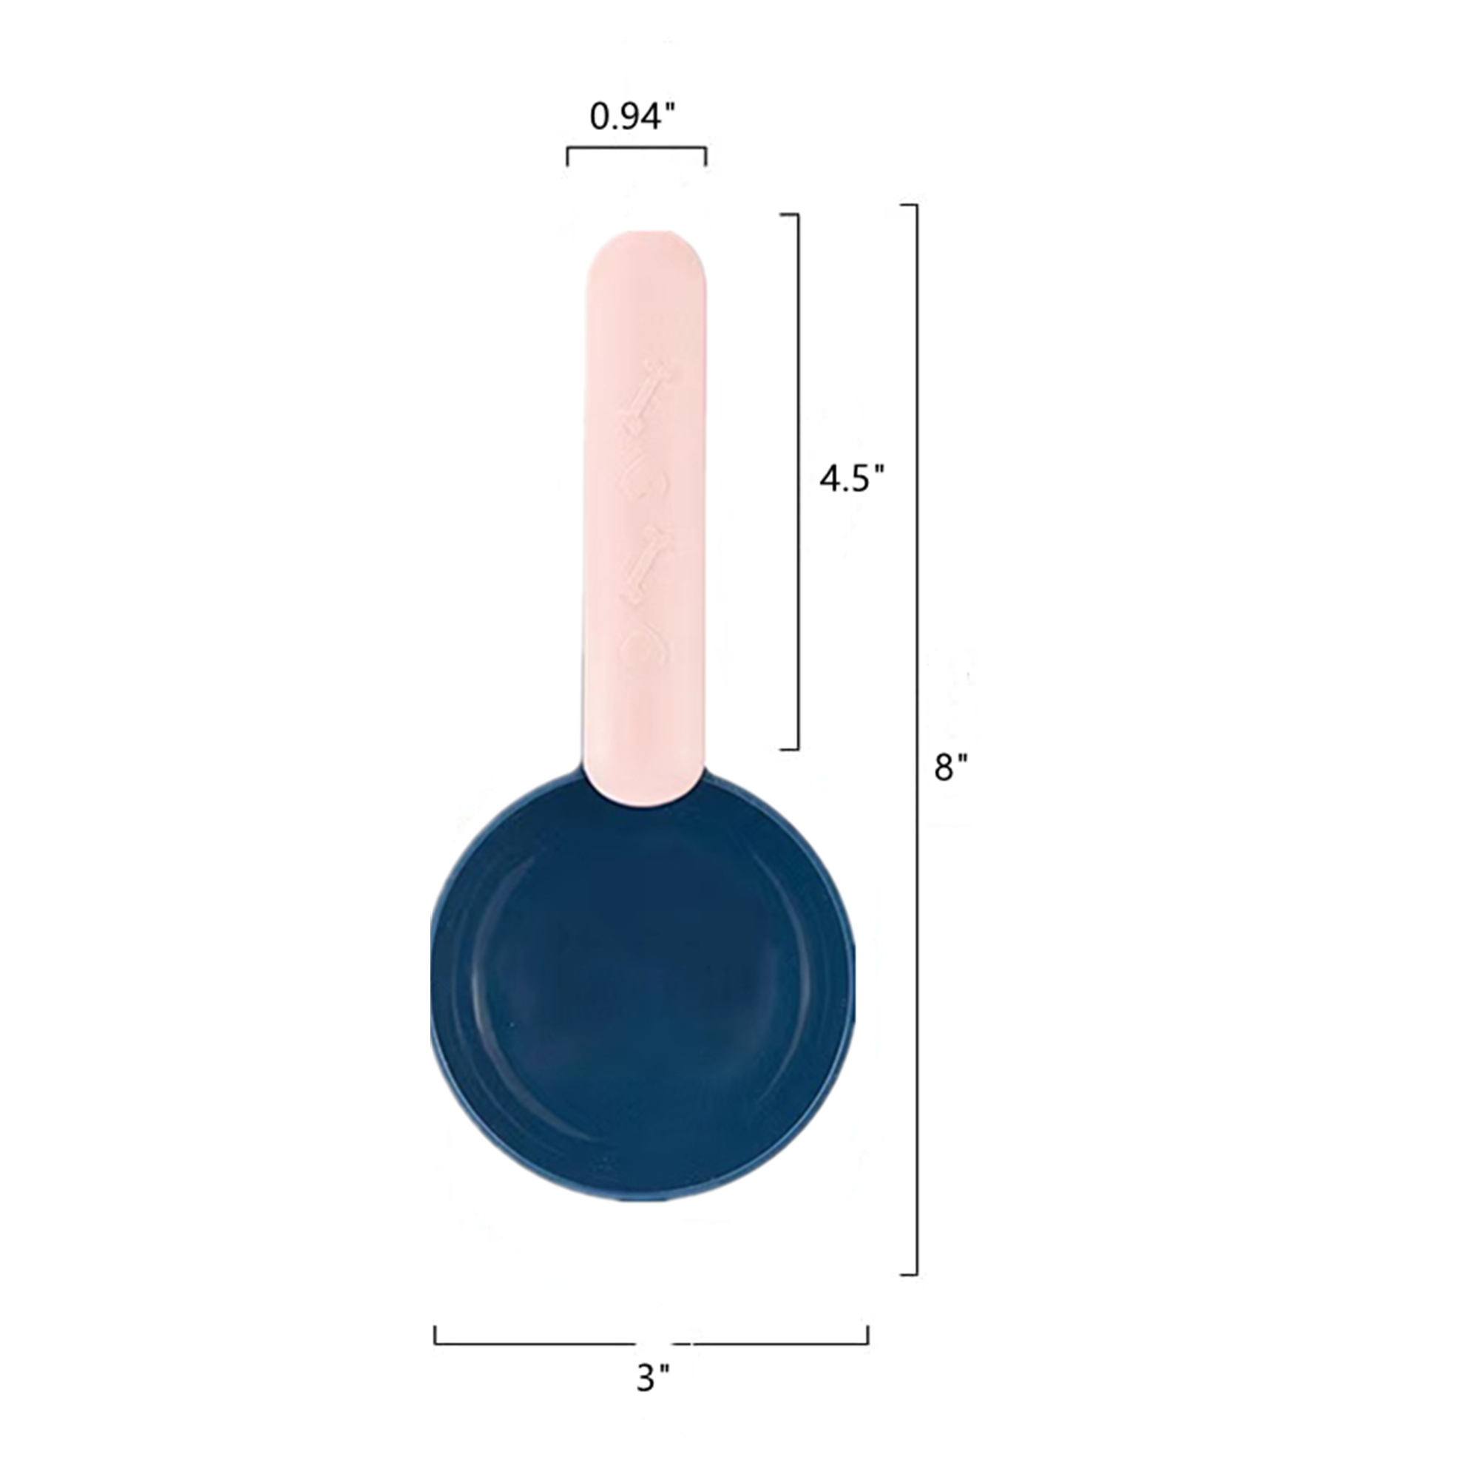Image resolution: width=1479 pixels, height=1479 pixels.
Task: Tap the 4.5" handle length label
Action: tap(851, 480)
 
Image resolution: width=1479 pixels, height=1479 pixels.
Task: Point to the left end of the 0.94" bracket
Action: tap(567, 157)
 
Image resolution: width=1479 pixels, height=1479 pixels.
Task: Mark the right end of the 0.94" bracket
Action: tap(705, 157)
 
